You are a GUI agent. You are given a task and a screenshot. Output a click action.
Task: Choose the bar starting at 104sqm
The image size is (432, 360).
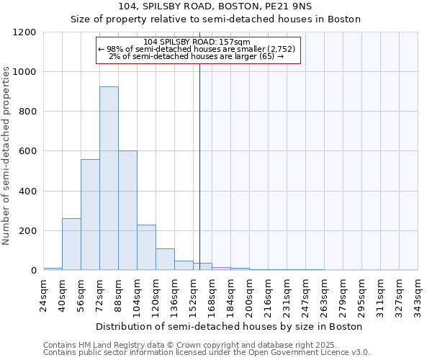[146, 248]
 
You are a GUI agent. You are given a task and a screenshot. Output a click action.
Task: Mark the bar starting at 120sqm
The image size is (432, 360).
[165, 259]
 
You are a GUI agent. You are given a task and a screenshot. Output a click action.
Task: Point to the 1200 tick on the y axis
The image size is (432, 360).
[24, 32]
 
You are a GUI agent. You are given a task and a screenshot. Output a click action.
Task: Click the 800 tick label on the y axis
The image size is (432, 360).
[27, 112]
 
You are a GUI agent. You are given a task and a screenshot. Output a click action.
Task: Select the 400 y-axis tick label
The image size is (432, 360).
[27, 192]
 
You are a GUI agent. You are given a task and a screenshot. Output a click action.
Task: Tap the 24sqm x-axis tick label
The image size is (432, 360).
[44, 295]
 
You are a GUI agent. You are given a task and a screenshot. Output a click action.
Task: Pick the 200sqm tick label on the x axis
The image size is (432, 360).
[250, 297]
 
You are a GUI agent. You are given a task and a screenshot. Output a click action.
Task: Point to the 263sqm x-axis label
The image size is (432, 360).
[325, 297]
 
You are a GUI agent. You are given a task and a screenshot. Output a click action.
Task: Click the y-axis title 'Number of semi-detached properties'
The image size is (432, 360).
[6, 152]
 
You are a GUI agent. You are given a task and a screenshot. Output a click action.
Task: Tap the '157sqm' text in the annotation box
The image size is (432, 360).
[235, 42]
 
